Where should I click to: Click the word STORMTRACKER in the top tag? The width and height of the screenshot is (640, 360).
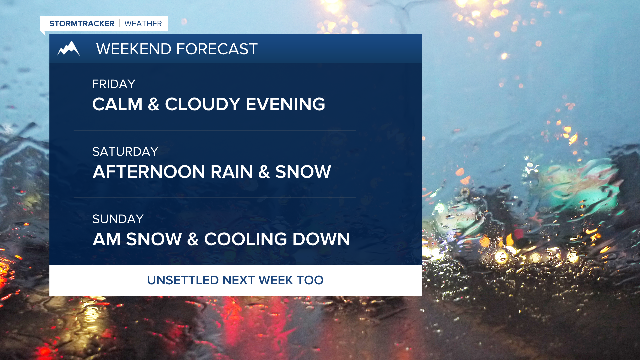tap(82, 24)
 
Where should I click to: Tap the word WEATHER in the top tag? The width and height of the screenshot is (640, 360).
tap(143, 24)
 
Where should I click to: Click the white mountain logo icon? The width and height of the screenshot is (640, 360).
tap(69, 48)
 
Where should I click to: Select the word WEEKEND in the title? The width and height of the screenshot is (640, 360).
tap(134, 49)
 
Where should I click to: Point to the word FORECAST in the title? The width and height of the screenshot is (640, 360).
tap(217, 49)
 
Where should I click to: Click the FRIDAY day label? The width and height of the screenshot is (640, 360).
tap(114, 84)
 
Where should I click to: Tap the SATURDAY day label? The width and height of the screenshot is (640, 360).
tap(125, 152)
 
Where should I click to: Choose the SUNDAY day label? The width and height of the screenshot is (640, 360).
tap(118, 219)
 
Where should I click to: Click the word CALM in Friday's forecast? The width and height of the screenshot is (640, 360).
tap(117, 104)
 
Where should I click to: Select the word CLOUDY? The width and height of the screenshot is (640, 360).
tap(203, 104)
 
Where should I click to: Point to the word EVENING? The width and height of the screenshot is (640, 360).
tap(285, 104)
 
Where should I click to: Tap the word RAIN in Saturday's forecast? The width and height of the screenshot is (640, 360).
tap(232, 172)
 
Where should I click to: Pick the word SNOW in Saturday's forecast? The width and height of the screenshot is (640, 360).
tap(303, 172)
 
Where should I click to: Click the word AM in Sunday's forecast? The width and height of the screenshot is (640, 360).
tap(107, 239)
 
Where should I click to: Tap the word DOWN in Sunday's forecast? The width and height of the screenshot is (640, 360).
tap(321, 239)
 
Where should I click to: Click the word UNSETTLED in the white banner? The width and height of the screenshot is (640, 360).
tap(183, 280)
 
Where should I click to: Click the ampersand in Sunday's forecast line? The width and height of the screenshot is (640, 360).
tap(193, 239)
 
